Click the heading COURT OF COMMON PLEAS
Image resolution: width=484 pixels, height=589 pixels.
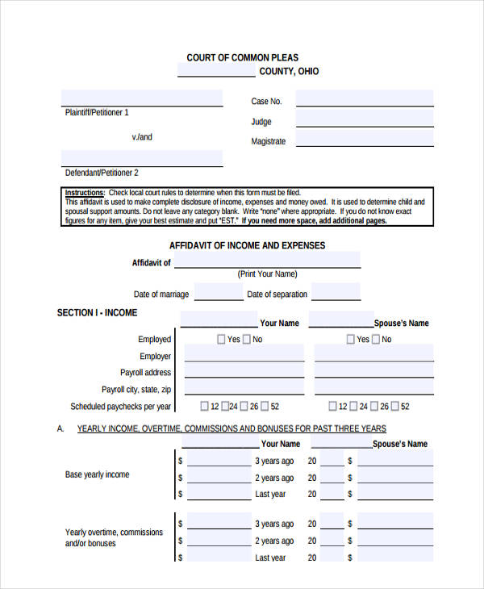242,57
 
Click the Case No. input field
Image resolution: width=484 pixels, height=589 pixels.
364,99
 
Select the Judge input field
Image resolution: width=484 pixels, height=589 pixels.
364,119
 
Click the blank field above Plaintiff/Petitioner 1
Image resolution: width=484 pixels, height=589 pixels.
142,98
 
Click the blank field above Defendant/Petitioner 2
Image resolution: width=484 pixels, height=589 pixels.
142,157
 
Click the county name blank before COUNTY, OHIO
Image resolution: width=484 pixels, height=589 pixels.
215,71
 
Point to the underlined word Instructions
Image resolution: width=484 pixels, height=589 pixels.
84,193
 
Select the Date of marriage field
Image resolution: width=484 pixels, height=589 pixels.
218,292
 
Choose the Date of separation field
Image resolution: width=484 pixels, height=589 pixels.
332,292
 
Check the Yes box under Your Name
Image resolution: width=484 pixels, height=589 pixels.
221,340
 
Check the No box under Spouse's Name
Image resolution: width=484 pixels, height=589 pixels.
376,340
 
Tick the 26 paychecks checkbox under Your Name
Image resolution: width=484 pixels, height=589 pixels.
243,407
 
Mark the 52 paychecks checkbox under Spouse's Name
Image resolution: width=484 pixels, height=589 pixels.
394,407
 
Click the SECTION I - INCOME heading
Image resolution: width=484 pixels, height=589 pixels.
97,312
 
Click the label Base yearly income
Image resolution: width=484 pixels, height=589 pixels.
97,474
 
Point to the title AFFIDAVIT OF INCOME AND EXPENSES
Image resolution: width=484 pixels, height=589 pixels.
247,245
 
